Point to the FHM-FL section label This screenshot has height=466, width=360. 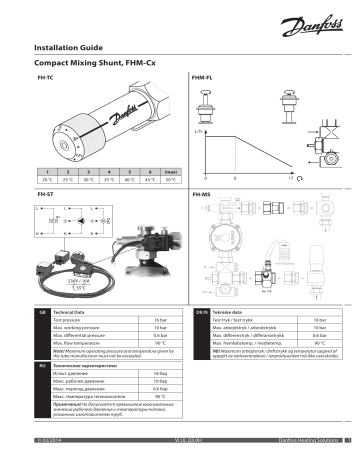201,77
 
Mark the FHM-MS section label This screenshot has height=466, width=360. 202,192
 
